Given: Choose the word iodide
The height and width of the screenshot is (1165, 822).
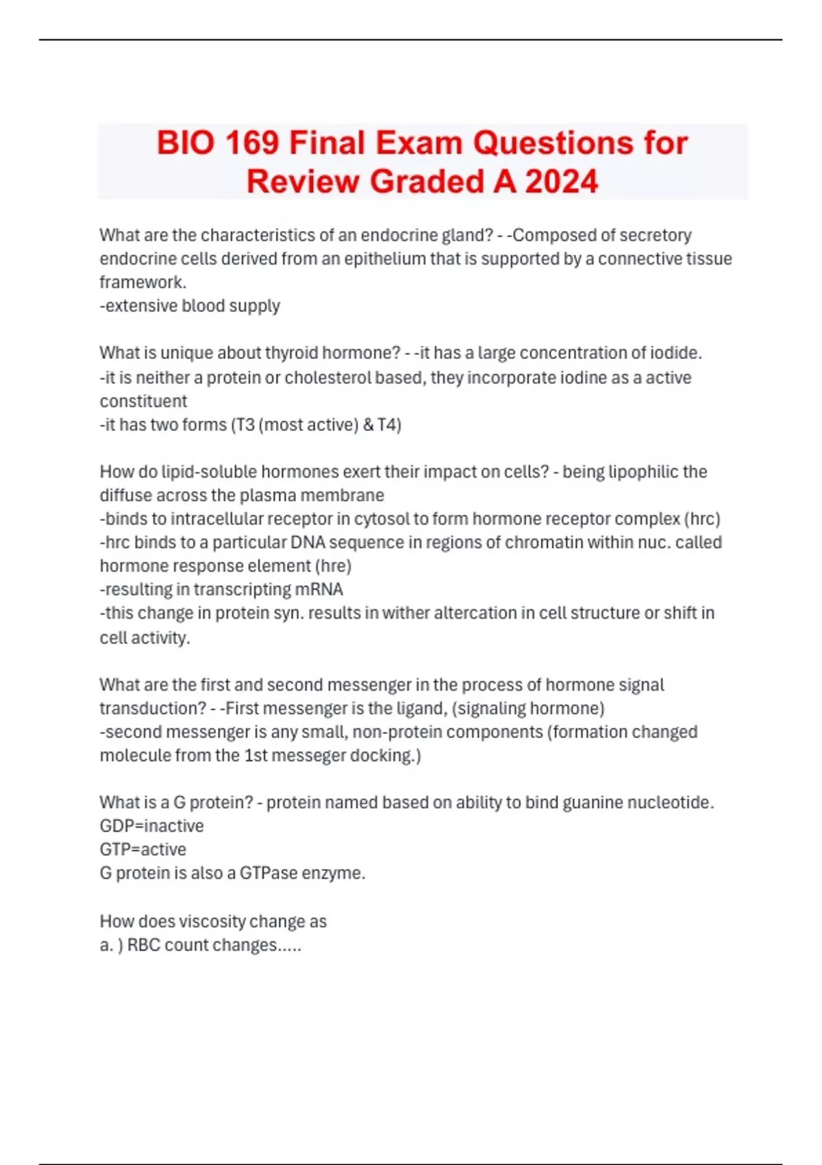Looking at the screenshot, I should [x=675, y=353].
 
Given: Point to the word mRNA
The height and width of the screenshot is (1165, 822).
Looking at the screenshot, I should [x=319, y=589].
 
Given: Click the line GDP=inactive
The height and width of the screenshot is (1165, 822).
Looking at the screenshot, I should [x=151, y=826].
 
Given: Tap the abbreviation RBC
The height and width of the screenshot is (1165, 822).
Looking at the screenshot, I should [x=144, y=945].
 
